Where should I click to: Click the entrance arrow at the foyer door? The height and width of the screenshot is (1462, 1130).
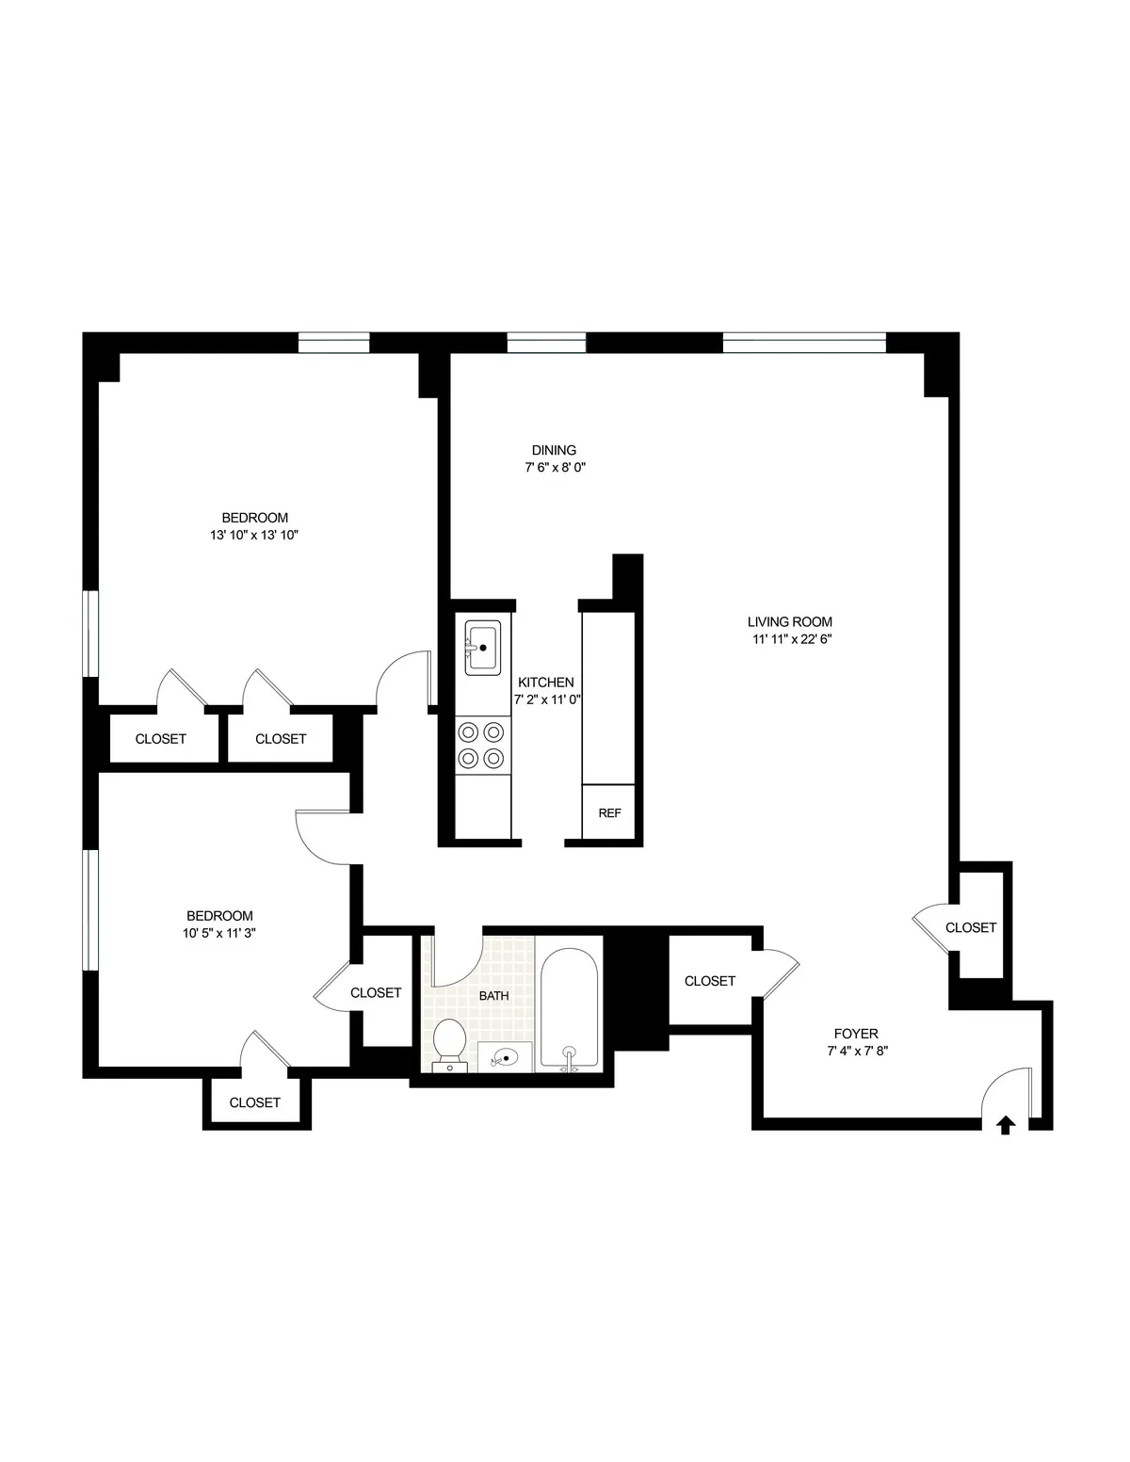click(x=1006, y=1124)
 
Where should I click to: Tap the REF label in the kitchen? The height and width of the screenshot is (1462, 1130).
click(x=609, y=813)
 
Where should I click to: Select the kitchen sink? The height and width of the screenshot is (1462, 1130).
click(x=482, y=648)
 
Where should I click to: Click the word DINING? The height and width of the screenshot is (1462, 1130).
click(x=554, y=450)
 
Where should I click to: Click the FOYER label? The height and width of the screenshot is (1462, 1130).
click(x=856, y=1034)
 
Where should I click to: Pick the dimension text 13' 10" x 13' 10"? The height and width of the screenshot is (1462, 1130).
click(x=254, y=535)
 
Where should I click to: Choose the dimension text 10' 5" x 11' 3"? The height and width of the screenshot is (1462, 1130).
click(x=219, y=933)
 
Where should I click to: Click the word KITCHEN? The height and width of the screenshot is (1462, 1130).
click(x=546, y=683)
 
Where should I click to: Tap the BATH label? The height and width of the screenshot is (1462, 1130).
click(x=493, y=995)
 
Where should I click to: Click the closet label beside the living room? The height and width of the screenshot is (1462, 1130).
click(x=970, y=927)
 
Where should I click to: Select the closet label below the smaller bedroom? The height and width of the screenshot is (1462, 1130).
click(x=254, y=1102)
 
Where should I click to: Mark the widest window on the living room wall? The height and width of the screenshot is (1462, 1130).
click(x=804, y=343)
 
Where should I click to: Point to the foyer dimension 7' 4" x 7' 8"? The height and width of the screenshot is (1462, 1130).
click(x=855, y=1052)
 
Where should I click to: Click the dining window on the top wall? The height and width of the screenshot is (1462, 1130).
click(x=546, y=343)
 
